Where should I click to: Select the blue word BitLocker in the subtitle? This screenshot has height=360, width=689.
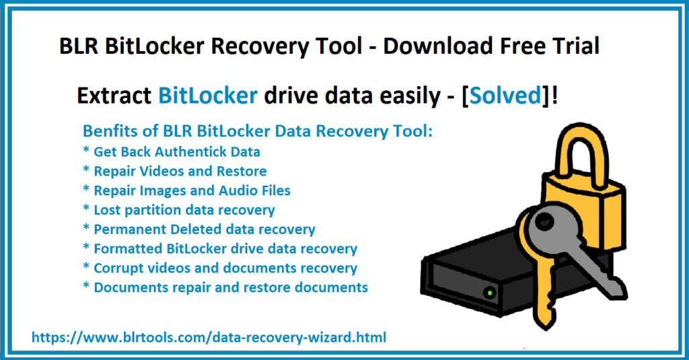[208, 96]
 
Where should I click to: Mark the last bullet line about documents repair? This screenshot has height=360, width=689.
[225, 287]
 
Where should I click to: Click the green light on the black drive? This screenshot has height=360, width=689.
[489, 293]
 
